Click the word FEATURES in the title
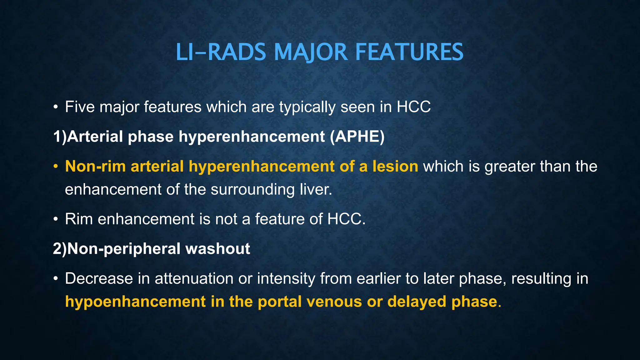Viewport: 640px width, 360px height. tap(409, 52)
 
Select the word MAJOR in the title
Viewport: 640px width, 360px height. tap(311, 52)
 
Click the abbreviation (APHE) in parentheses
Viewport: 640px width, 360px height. tap(357, 137)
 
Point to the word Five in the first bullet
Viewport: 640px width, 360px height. tap(80, 107)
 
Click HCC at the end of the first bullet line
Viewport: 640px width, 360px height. tap(413, 107)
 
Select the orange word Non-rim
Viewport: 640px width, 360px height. tap(95, 166)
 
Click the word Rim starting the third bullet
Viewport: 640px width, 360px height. tap(79, 219)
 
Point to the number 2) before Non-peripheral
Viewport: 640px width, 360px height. tap(60, 249)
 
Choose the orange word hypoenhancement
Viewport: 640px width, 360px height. tap(135, 302)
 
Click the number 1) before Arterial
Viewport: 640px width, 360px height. tap(60, 137)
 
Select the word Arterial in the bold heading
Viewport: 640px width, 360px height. tap(95, 137)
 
